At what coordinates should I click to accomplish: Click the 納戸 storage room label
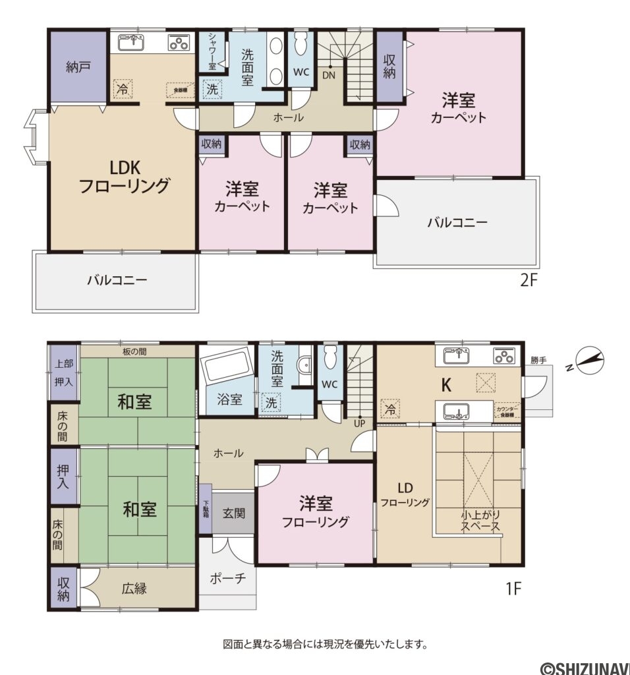coord(78,67)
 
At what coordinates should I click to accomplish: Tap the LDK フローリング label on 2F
coord(124,176)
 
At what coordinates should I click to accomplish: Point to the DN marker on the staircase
coord(329,75)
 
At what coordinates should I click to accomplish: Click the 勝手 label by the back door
coord(538,361)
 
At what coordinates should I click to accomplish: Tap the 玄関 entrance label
coord(233,513)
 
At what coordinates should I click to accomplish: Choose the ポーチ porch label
coord(227,578)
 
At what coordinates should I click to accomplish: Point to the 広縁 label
coord(134,589)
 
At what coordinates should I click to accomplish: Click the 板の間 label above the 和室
coord(134,351)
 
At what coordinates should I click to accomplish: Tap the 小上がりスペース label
coord(480,521)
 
